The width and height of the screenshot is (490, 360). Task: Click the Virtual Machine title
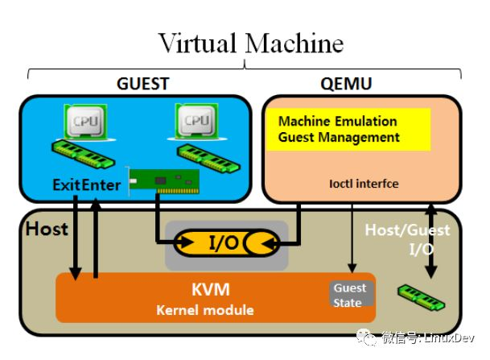coord(250,42)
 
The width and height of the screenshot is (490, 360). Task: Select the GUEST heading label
coord(143,83)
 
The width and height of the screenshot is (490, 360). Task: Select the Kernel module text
coord(205,310)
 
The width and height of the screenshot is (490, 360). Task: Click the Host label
coord(47,230)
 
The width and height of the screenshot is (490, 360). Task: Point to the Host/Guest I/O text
coord(407,240)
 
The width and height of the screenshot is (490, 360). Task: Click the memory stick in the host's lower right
coord(420,297)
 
